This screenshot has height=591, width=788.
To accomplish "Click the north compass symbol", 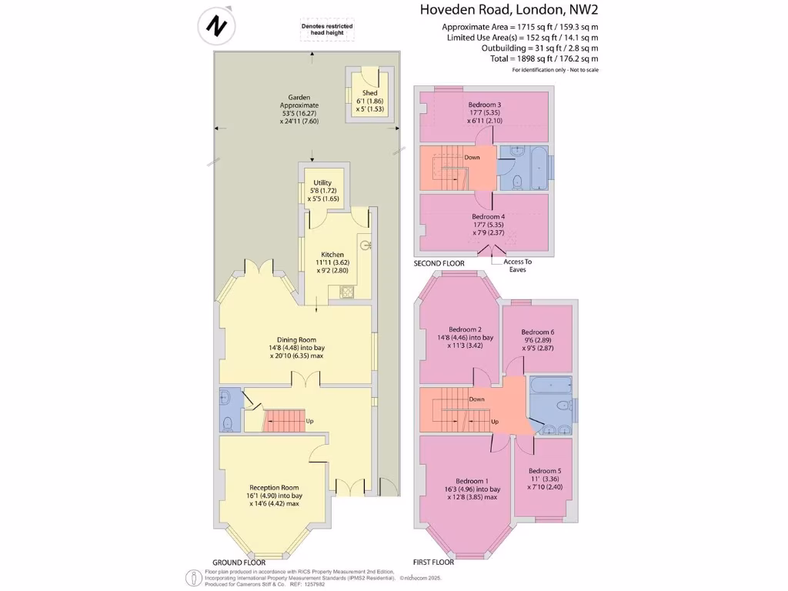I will pyautogui.click(x=215, y=26).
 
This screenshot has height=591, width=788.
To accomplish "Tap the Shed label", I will pyautogui.click(x=369, y=93).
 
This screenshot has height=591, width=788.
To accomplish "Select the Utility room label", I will pyautogui.click(x=322, y=182).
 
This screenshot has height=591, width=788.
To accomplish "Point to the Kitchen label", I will pyautogui.click(x=332, y=255).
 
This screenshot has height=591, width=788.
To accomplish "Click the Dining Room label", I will pyautogui.click(x=297, y=339).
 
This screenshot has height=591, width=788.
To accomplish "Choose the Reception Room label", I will pyautogui.click(x=273, y=487).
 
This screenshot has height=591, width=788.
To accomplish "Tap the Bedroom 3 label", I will pyautogui.click(x=485, y=105).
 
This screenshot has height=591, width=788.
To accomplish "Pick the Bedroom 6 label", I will pyautogui.click(x=537, y=332).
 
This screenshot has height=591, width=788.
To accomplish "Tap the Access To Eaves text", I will pyautogui.click(x=517, y=265).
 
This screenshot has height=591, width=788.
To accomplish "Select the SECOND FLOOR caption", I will pyautogui.click(x=439, y=264).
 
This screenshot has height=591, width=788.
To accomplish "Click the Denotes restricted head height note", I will pyautogui.click(x=326, y=29).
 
